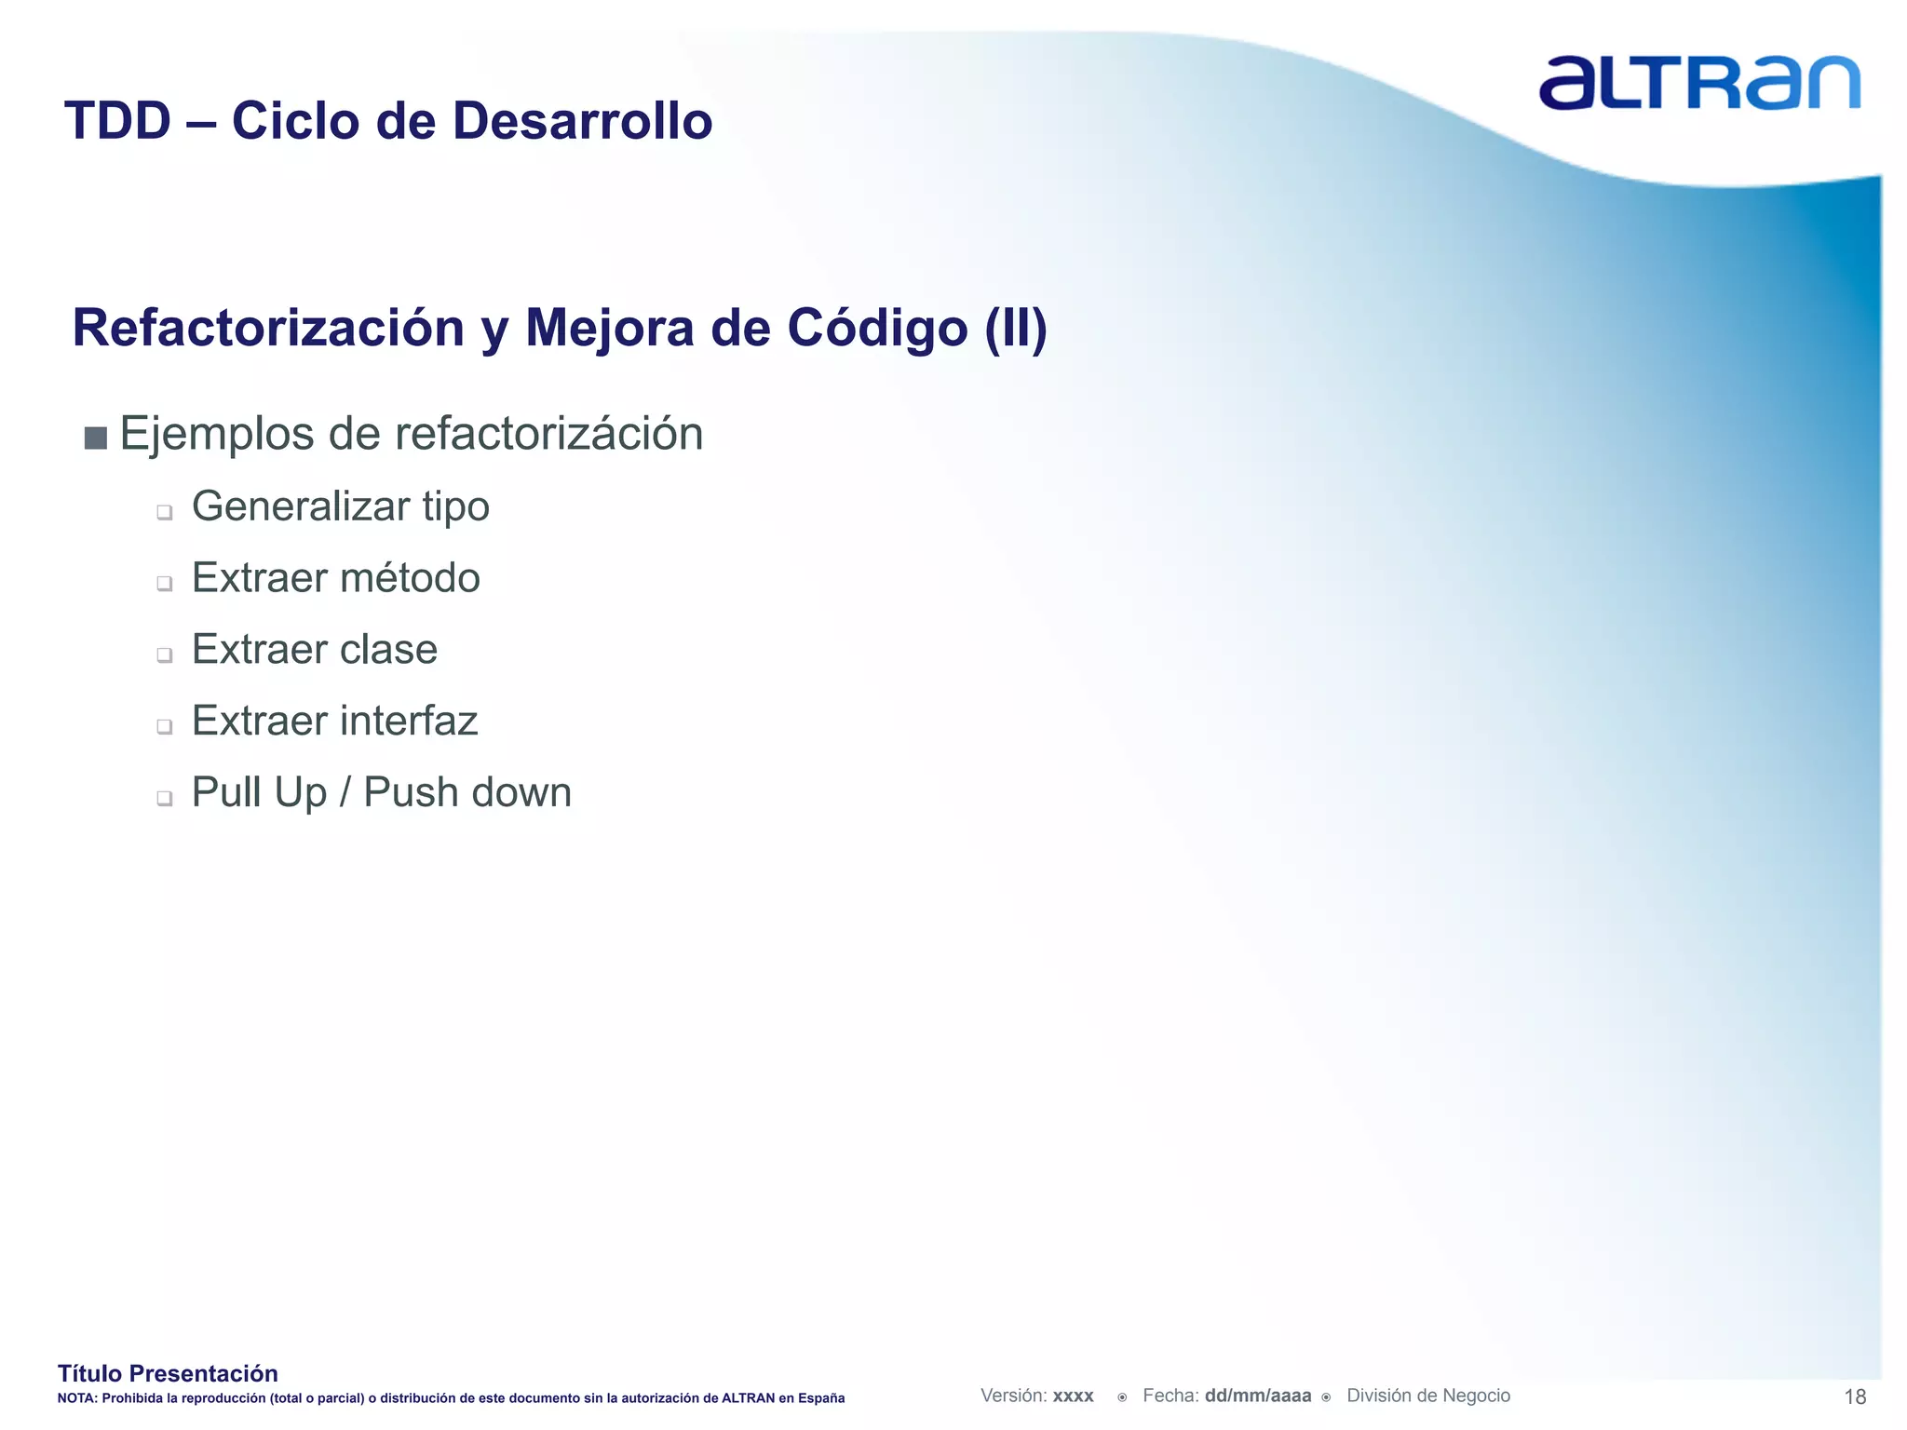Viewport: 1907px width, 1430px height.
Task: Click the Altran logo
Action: pyautogui.click(x=1698, y=84)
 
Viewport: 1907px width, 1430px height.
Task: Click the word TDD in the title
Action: pyautogui.click(x=118, y=121)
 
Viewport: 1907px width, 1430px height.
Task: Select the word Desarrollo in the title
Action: pyautogui.click(x=582, y=121)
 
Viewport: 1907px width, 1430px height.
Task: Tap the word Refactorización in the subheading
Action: pyautogui.click(x=268, y=328)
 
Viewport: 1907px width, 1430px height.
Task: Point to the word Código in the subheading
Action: pyautogui.click(x=877, y=328)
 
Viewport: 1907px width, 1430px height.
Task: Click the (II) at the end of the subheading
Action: pyautogui.click(x=1016, y=328)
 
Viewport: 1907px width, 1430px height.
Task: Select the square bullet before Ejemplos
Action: pyautogui.click(x=95, y=438)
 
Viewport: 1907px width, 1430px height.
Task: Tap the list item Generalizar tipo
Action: pyautogui.click(x=340, y=507)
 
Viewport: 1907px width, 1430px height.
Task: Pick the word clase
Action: pyautogui.click(x=388, y=650)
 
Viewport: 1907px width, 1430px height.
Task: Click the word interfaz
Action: pyautogui.click(x=408, y=721)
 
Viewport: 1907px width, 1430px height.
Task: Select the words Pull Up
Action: pyautogui.click(x=259, y=793)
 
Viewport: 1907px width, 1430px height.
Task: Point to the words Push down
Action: pyautogui.click(x=467, y=793)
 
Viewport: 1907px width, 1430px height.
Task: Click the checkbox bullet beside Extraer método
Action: pyautogui.click(x=165, y=584)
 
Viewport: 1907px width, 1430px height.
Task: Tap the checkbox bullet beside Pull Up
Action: pyautogui.click(x=165, y=798)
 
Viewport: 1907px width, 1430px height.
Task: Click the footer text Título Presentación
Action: pyautogui.click(x=168, y=1373)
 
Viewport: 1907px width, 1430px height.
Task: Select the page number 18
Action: pyautogui.click(x=1855, y=1396)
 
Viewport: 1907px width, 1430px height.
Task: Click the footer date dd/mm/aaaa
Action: pyautogui.click(x=1258, y=1396)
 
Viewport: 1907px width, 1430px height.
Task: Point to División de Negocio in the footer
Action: pyautogui.click(x=1428, y=1396)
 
